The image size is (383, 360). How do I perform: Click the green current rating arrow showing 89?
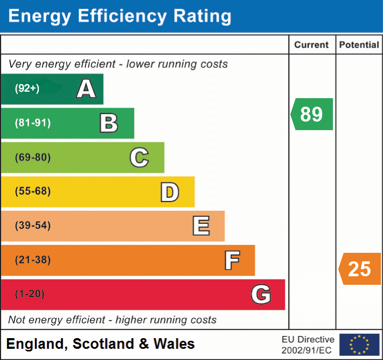click(x=312, y=114)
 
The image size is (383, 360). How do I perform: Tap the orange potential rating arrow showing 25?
click(x=360, y=269)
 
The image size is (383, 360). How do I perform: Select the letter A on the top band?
click(x=86, y=89)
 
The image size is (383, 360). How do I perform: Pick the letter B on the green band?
click(x=109, y=123)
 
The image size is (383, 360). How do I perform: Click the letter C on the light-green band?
click(x=139, y=157)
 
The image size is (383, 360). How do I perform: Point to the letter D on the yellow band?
click(x=169, y=192)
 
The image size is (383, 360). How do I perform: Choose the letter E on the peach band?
click(x=201, y=226)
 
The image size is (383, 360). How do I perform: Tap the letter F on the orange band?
click(x=232, y=260)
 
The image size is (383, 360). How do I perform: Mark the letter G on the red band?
click(x=261, y=294)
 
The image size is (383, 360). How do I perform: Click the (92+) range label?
click(x=27, y=89)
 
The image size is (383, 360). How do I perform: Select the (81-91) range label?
click(x=32, y=123)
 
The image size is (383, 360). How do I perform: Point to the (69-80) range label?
click(x=32, y=157)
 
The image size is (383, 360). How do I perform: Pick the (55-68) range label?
click(x=32, y=191)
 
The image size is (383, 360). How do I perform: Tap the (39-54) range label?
click(x=32, y=226)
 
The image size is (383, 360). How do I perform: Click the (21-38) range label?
click(x=32, y=260)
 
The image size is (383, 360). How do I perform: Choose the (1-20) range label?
click(x=30, y=294)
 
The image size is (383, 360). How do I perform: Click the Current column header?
click(x=312, y=45)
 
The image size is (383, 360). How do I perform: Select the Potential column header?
click(x=359, y=45)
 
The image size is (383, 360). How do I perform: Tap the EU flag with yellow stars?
click(x=360, y=345)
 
